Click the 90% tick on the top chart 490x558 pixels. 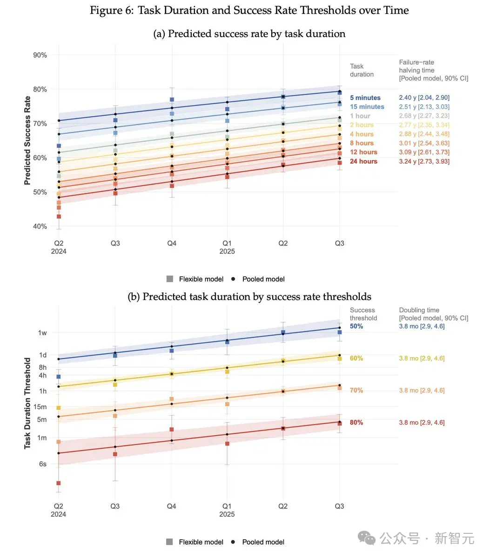click(x=40, y=55)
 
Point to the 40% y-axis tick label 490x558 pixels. click(x=40, y=226)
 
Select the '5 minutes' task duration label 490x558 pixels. click(x=365, y=98)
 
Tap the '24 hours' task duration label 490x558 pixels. click(x=363, y=161)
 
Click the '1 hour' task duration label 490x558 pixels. click(x=360, y=116)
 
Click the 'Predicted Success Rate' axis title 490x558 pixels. click(x=27, y=140)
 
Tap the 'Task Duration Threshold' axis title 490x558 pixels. click(x=27, y=403)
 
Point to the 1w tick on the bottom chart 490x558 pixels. click(x=42, y=332)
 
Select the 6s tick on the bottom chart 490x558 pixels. click(x=43, y=464)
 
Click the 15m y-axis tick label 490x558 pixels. click(x=40, y=407)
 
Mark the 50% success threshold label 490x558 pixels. click(x=356, y=326)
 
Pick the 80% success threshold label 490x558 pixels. click(x=356, y=423)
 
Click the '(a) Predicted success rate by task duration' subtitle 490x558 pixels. click(x=249, y=33)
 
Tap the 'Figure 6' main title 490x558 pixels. click(x=249, y=11)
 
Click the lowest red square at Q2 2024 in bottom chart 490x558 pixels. click(x=59, y=483)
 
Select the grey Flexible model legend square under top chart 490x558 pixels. click(x=170, y=279)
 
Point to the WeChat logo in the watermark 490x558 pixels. click(x=366, y=538)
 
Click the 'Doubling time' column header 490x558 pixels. click(x=419, y=310)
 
